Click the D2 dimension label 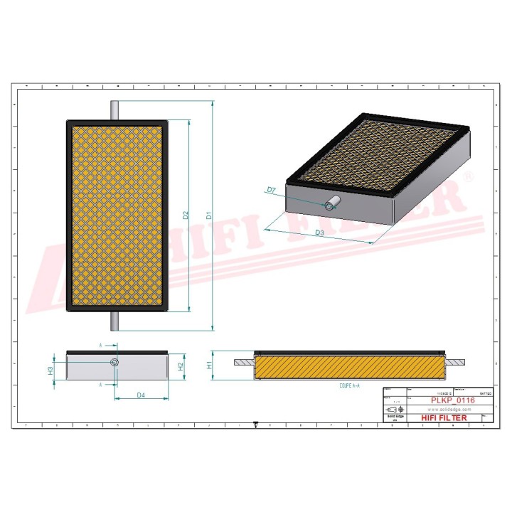click(185, 215)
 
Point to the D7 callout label click(271, 190)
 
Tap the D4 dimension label click(141, 394)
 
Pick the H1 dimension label click(209, 364)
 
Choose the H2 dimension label click(181, 367)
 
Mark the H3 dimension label click(50, 370)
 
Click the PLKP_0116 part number click(452, 400)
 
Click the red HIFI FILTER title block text click(445, 418)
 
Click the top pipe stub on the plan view click(115, 110)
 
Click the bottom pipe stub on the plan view click(115, 321)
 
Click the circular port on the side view click(114, 363)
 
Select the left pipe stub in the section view click(242, 362)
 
